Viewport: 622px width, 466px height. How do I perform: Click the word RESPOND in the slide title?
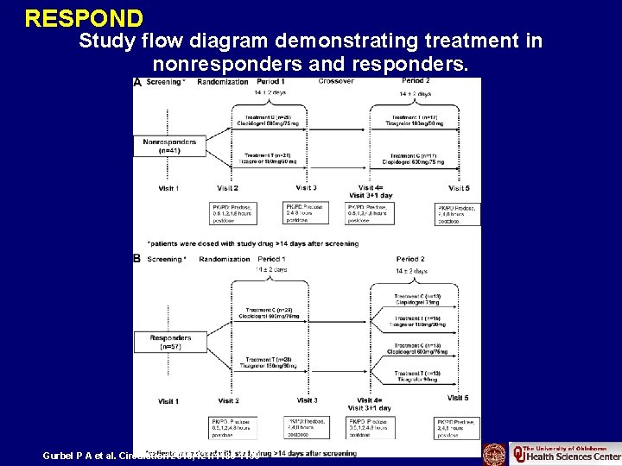click(x=84, y=17)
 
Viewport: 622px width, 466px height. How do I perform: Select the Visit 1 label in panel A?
click(x=168, y=188)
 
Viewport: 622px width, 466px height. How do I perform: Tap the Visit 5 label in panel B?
click(x=458, y=398)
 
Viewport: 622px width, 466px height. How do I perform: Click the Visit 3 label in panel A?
click(x=305, y=188)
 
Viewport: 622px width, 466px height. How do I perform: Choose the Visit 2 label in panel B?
click(x=228, y=400)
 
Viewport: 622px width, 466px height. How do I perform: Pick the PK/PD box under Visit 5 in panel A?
click(x=458, y=213)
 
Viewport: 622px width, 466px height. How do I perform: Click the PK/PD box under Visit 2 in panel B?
click(x=231, y=427)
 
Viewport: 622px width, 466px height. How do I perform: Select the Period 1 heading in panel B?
click(x=272, y=259)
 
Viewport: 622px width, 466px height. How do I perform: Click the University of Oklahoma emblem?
click(x=495, y=453)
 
